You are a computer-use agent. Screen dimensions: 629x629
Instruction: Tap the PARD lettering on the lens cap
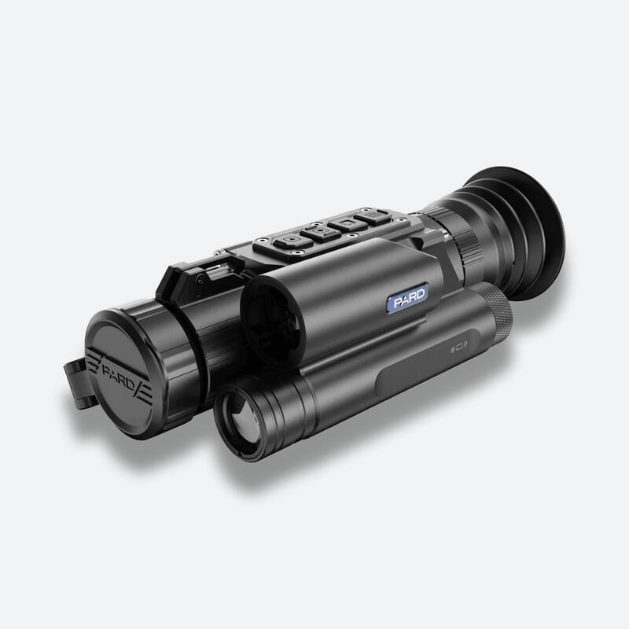point(119,375)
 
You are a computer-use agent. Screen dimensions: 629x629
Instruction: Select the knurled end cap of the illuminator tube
point(497,311)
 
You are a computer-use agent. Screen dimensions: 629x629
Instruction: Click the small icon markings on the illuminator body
point(459,348)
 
